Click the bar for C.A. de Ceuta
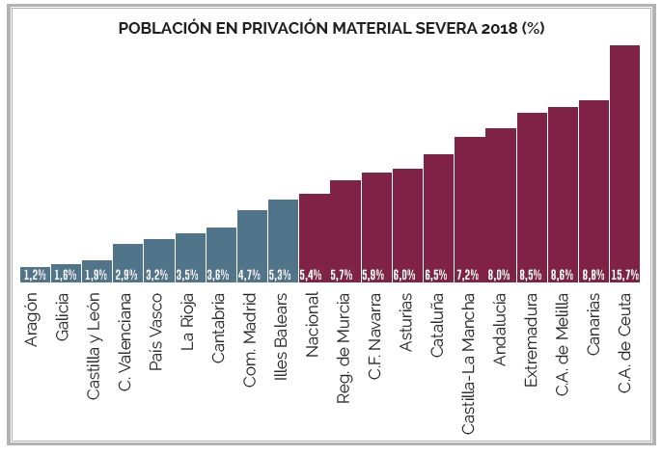pyautogui.click(x=625, y=164)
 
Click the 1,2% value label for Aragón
pyautogui.click(x=35, y=275)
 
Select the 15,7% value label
pyautogui.click(x=625, y=275)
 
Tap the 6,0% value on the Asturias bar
pyautogui.click(x=407, y=275)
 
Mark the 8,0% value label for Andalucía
pyautogui.click(x=501, y=275)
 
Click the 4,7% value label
pyautogui.click(x=252, y=275)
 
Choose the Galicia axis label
pyautogui.click(x=65, y=319)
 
